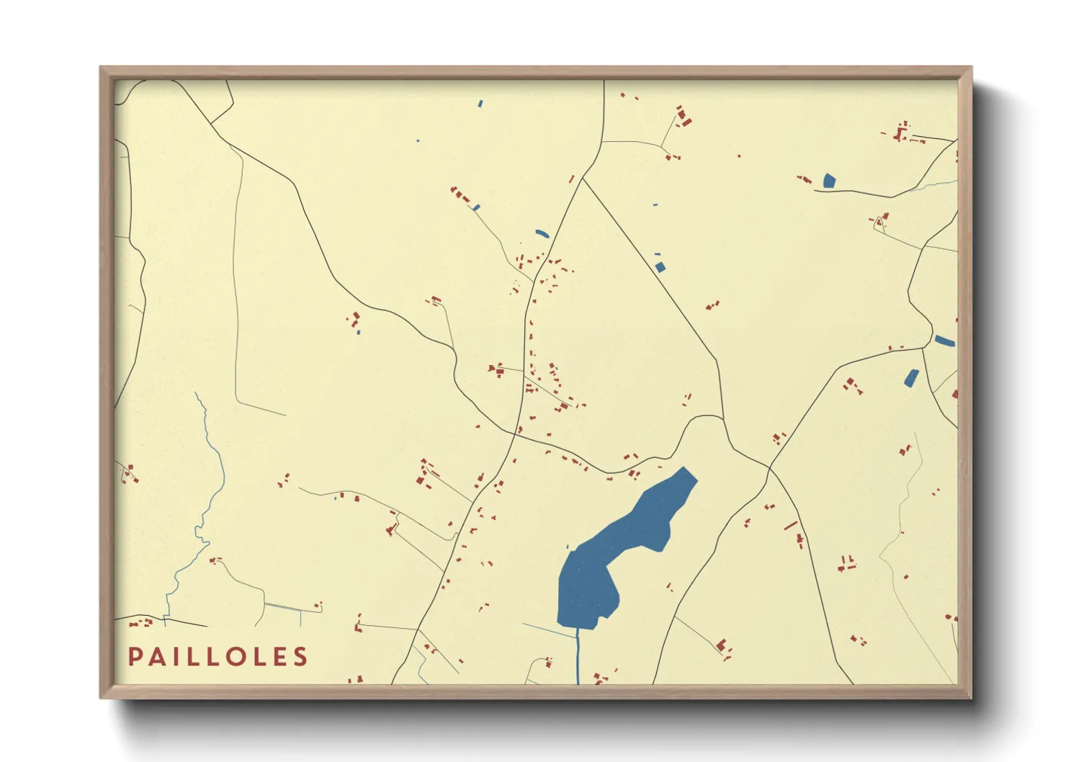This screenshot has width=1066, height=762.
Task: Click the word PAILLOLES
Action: pos(218,657)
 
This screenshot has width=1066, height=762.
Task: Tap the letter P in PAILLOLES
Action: pos(135,657)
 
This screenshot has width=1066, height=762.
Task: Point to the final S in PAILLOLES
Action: pos(301,657)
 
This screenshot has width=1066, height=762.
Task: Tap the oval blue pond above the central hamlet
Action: pos(542,233)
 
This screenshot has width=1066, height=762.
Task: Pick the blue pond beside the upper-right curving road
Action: pos(828,181)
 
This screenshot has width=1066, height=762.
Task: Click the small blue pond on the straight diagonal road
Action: pos(660,267)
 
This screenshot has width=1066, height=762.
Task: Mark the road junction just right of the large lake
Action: pos(769,469)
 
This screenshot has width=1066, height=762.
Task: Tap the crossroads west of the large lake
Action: pos(517,433)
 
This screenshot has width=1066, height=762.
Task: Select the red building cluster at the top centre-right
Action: pos(682,117)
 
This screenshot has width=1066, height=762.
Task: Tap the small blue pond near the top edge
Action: pos(480,104)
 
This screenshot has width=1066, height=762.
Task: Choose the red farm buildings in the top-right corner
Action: pos(900,133)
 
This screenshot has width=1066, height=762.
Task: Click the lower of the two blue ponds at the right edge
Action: pos(911,378)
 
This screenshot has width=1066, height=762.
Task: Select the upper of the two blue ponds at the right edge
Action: pos(944,341)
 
